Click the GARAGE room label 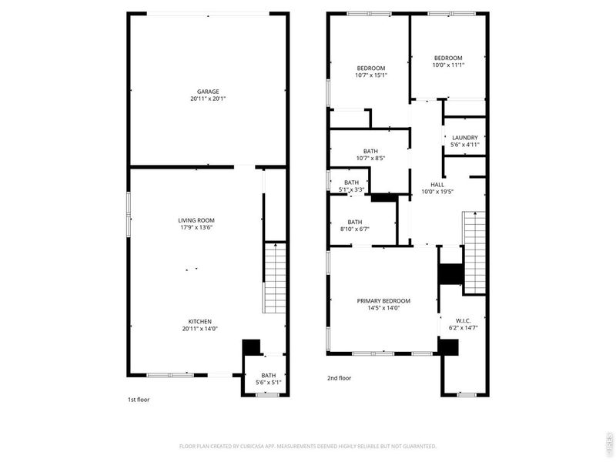click(208, 92)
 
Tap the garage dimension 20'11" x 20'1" click(208, 99)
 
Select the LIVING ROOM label click(195, 221)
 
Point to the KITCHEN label click(200, 322)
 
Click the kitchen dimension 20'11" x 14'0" click(200, 329)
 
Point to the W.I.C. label click(463, 321)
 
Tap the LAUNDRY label click(464, 138)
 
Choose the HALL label click(437, 185)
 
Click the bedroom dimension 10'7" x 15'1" click(370, 75)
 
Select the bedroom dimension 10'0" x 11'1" click(447, 65)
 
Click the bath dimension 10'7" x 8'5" click(370, 158)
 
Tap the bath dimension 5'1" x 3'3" click(352, 189)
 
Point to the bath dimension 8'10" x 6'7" click(354, 229)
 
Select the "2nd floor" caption click(339, 378)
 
